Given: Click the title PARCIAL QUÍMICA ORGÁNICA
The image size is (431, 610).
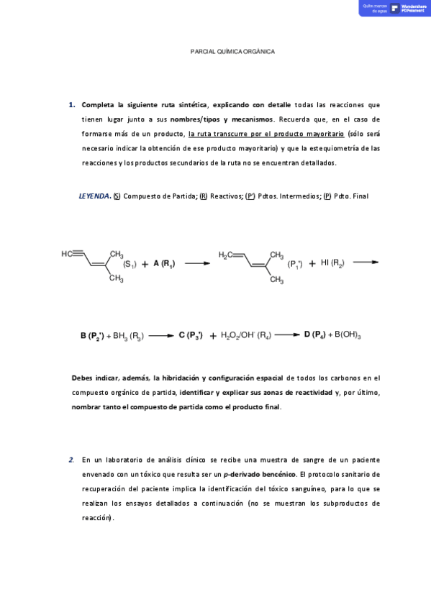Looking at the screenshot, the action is pyautogui.click(x=232, y=52).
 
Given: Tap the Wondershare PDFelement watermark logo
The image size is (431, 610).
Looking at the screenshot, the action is pyautogui.click(x=394, y=8).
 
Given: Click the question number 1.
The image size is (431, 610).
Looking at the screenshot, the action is pyautogui.click(x=71, y=104).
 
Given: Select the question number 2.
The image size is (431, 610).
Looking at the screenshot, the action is pyautogui.click(x=71, y=459).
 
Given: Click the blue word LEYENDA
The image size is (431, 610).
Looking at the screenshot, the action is pyautogui.click(x=94, y=196).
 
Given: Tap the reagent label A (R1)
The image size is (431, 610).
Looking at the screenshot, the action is pyautogui.click(x=163, y=264).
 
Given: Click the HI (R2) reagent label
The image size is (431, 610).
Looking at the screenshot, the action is pyautogui.click(x=332, y=263).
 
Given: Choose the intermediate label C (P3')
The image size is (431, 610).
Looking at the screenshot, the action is pyautogui.click(x=191, y=335).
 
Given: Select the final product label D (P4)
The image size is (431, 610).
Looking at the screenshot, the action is pyautogui.click(x=315, y=334).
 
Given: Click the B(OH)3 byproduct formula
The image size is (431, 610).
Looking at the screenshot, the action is pyautogui.click(x=348, y=335).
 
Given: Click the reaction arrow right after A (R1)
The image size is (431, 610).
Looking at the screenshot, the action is pyautogui.click(x=197, y=264).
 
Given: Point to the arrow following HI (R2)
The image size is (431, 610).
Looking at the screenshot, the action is pyautogui.click(x=366, y=263).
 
